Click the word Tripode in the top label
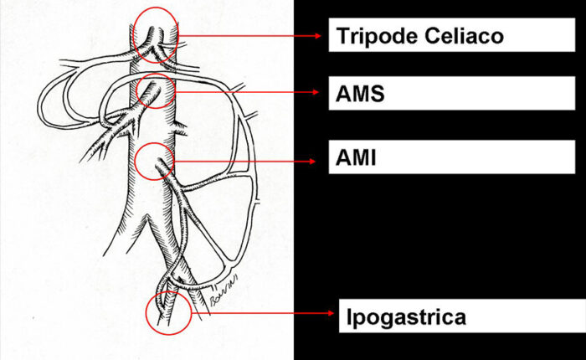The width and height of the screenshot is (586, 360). click(x=378, y=37)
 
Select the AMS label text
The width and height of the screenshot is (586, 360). click(x=360, y=94)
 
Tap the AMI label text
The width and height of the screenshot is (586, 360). click(x=356, y=157)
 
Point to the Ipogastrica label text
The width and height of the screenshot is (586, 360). click(x=406, y=317)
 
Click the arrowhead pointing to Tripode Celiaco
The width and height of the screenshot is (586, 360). click(x=318, y=36)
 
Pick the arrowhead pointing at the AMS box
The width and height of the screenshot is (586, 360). click(x=316, y=92)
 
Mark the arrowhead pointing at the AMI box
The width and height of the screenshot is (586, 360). click(x=312, y=161)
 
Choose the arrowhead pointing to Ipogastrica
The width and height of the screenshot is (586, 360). click(x=331, y=313)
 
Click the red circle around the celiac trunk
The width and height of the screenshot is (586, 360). click(x=133, y=36)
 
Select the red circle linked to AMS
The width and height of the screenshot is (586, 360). click(x=136, y=91)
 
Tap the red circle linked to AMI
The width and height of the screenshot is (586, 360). click(x=135, y=161)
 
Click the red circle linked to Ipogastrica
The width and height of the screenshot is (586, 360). click(x=146, y=313)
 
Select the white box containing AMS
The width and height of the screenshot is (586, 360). click(x=451, y=93)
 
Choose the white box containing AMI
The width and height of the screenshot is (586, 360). click(x=451, y=157)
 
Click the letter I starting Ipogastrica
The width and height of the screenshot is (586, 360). click(x=349, y=316)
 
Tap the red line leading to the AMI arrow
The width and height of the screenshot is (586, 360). click(x=242, y=161)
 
